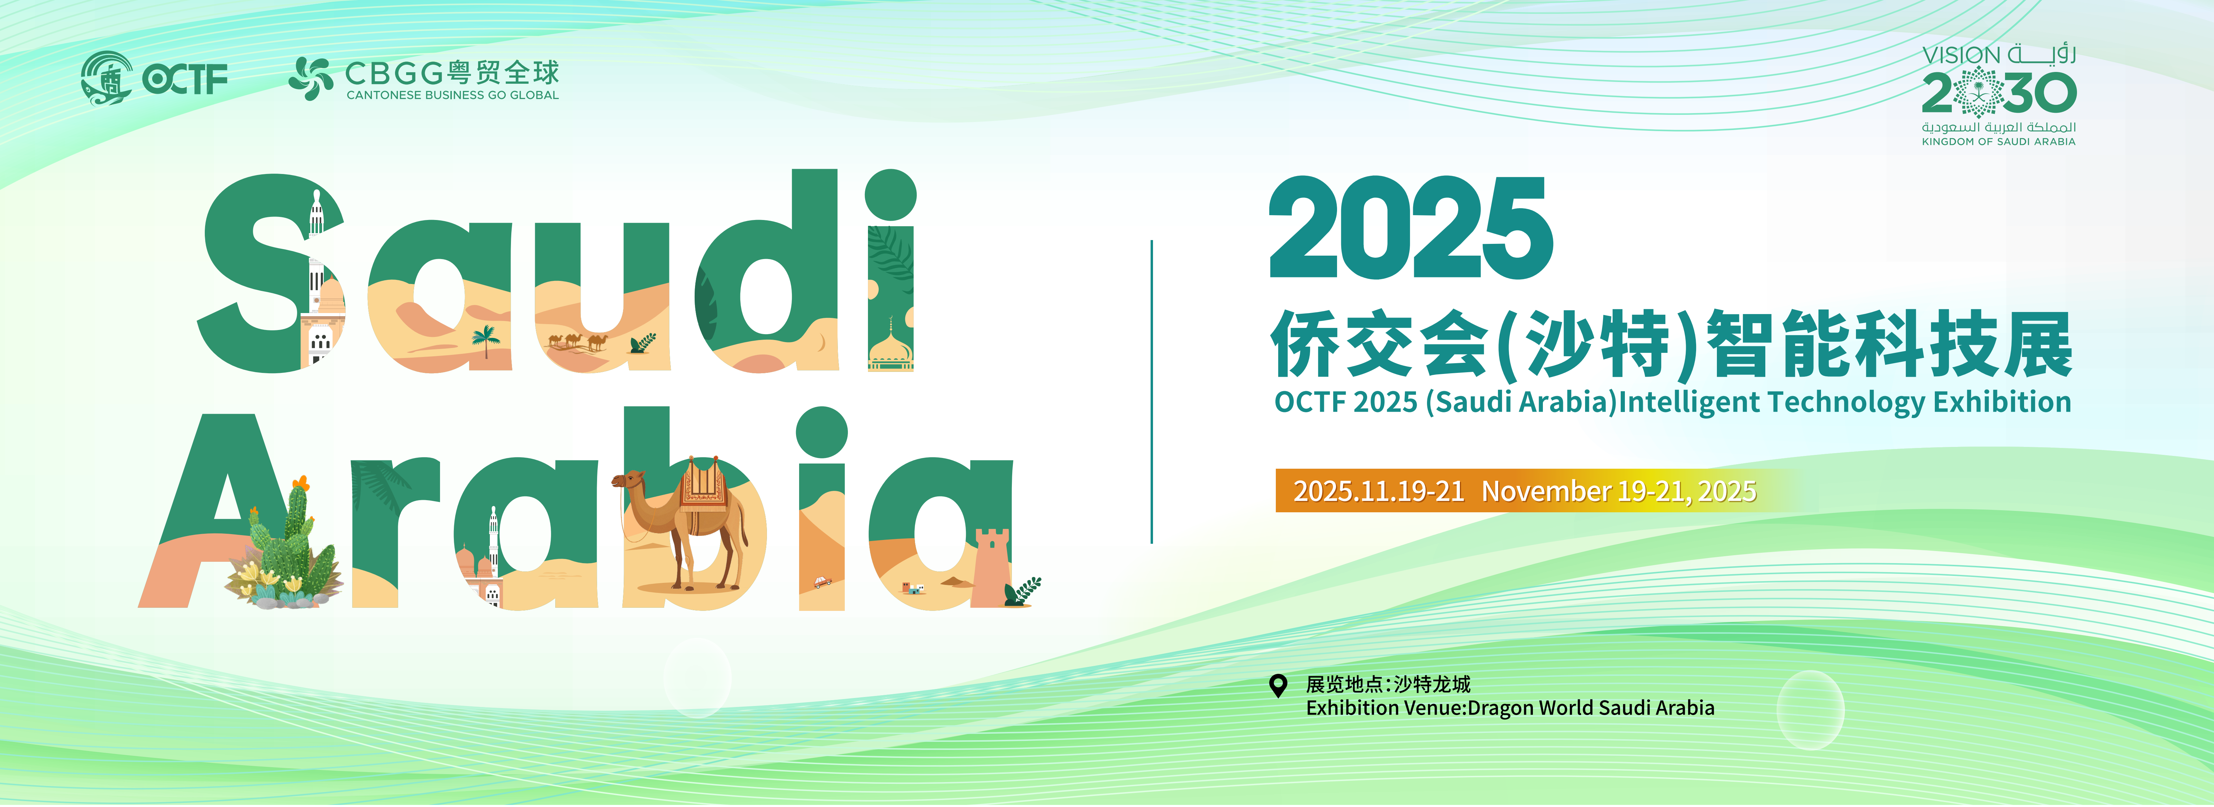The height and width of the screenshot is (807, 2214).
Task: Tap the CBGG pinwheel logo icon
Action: pyautogui.click(x=310, y=78)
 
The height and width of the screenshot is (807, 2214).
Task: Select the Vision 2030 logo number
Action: pyautogui.click(x=1999, y=93)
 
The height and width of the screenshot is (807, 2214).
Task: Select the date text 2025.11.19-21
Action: pyautogui.click(x=1379, y=491)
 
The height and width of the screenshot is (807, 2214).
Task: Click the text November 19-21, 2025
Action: pyautogui.click(x=1618, y=491)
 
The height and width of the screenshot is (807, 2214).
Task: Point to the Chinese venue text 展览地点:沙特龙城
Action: pyautogui.click(x=1388, y=684)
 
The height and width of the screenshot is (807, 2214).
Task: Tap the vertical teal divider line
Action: pyautogui.click(x=1151, y=392)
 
